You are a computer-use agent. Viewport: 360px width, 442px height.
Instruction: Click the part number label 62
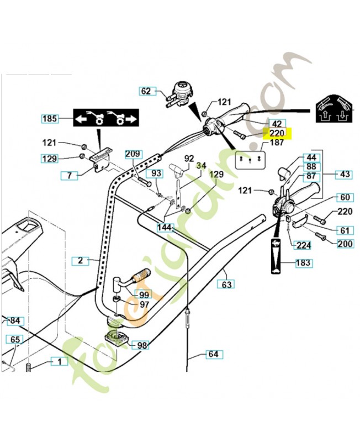pyautogui.click(x=145, y=91)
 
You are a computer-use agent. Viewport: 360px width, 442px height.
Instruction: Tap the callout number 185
pyautogui.click(x=50, y=118)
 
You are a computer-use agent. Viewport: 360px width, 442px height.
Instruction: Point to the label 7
pyautogui.click(x=70, y=175)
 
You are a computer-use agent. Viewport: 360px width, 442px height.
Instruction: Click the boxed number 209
pyautogui.click(x=133, y=153)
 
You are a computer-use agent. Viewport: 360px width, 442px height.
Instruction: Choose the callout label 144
pyautogui.click(x=165, y=227)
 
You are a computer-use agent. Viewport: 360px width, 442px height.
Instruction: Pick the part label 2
pyautogui.click(x=81, y=259)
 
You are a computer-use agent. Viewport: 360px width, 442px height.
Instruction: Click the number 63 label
pyautogui.click(x=226, y=284)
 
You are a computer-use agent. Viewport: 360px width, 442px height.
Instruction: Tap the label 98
pyautogui.click(x=142, y=345)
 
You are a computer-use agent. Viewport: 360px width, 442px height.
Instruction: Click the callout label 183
pyautogui.click(x=303, y=263)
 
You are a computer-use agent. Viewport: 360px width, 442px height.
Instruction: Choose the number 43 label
pyautogui.click(x=345, y=174)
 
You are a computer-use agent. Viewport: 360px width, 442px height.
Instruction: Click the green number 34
pyautogui.click(x=201, y=165)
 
